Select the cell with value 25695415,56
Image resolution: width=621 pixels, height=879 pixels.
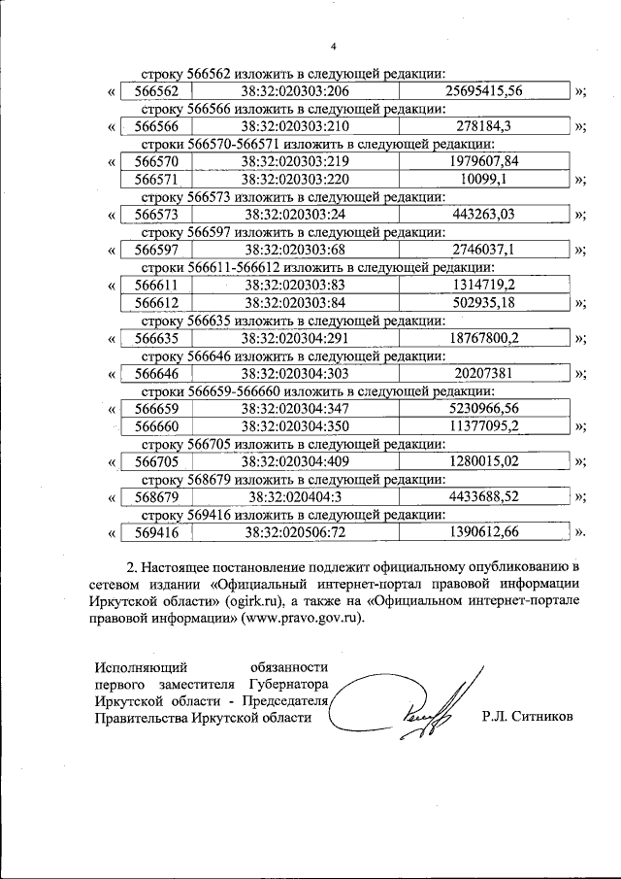pos(483,90)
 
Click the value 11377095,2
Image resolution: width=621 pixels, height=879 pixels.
pos(483,426)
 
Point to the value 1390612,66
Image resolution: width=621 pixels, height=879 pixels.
pos(483,532)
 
